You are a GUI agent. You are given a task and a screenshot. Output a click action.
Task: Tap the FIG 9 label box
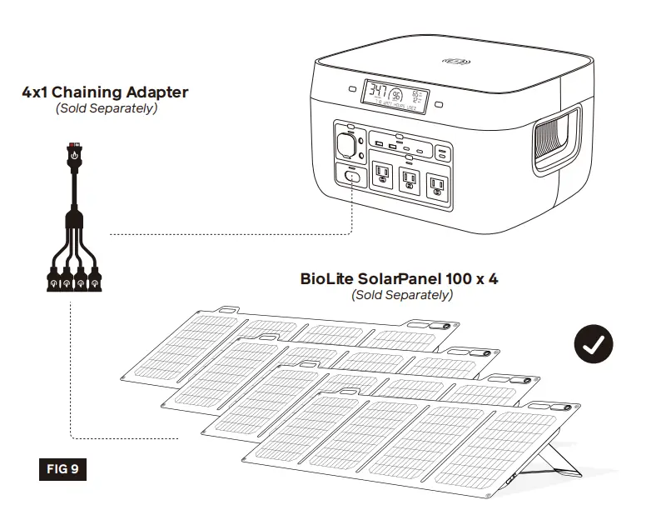[x=62, y=469]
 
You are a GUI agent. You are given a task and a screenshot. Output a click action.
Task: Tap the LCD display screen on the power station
[x=395, y=96]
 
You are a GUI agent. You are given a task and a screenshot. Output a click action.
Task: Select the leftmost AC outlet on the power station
[x=381, y=176]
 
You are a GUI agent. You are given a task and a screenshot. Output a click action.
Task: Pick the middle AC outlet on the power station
[x=409, y=178]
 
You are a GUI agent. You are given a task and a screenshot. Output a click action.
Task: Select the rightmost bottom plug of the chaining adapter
[x=95, y=279]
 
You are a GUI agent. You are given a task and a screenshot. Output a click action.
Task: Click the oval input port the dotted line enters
[x=352, y=176]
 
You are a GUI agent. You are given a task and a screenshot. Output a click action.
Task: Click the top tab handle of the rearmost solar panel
[x=223, y=312]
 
